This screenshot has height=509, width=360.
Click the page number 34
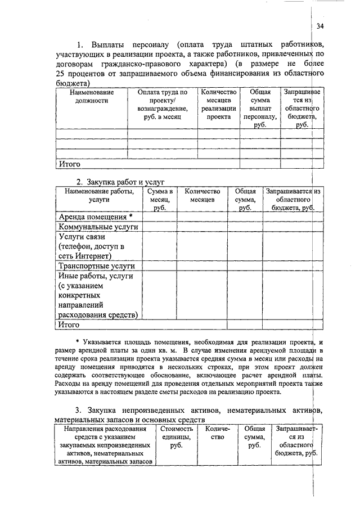pyautogui.click(x=320, y=26)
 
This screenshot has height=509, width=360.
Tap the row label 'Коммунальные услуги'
pyautogui.click(x=98, y=227)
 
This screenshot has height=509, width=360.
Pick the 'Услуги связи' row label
pyautogui.click(x=82, y=237)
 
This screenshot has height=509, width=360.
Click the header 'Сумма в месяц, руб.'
pyautogui.click(x=159, y=200)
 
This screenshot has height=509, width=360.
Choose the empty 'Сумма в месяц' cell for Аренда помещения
pyautogui.click(x=159, y=217)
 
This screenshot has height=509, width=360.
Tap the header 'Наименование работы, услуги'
pyautogui.click(x=98, y=196)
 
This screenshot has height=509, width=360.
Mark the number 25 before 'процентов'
pyautogui.click(x=61, y=74)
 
